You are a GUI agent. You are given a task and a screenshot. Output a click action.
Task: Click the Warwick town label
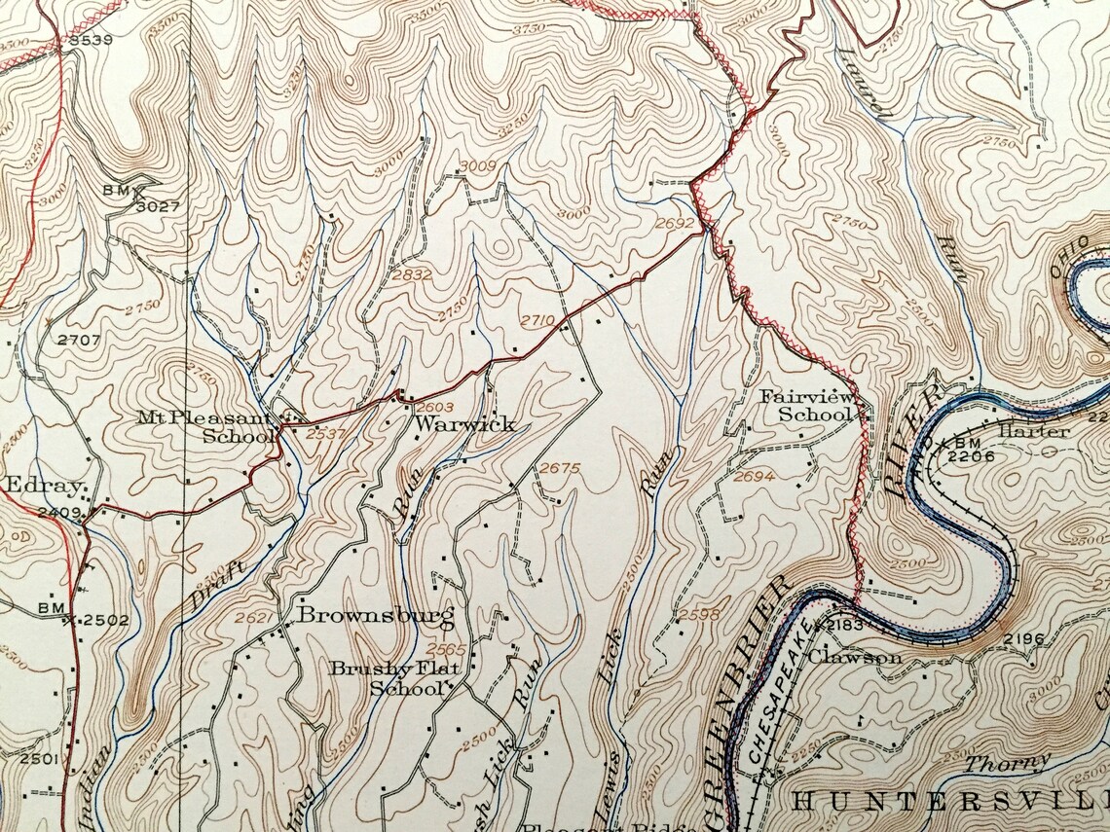tap(451, 425)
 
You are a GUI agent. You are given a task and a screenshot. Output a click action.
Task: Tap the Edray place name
tap(38, 486)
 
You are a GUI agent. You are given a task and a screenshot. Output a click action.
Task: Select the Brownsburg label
tap(376, 615)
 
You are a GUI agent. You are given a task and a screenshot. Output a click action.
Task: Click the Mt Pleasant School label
tap(206, 426)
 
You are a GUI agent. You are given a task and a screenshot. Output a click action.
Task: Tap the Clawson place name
tap(860, 657)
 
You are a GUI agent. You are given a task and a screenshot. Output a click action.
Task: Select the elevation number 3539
tap(92, 40)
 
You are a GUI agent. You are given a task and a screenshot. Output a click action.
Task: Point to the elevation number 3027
tap(158, 206)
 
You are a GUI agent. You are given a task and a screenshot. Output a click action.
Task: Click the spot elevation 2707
tap(79, 340)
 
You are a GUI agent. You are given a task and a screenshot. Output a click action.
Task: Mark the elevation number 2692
tap(675, 223)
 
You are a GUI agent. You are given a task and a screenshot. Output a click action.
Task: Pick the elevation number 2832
tap(411, 275)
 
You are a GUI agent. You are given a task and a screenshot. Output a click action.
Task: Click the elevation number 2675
tap(559, 468)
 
